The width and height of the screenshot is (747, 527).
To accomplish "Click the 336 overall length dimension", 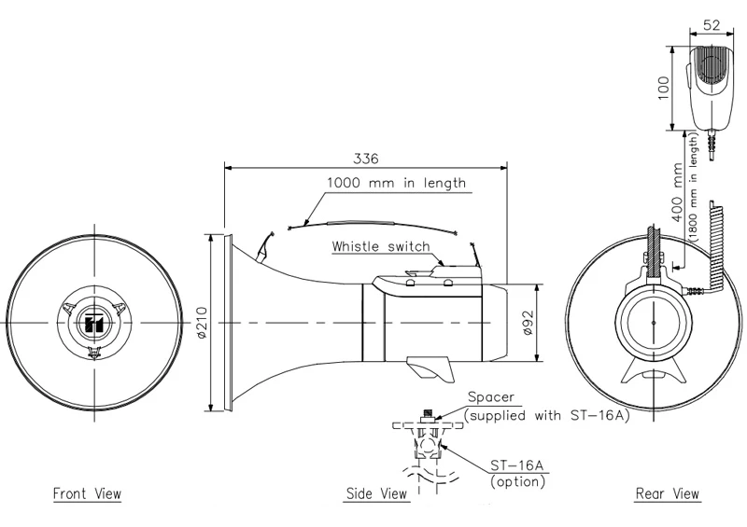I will pyautogui.click(x=365, y=158).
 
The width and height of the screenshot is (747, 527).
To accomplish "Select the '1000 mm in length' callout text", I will pyautogui.click(x=396, y=183).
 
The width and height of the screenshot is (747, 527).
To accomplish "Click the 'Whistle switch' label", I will pyautogui.click(x=380, y=246).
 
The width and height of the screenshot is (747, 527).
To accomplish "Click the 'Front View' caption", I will pyautogui.click(x=87, y=493).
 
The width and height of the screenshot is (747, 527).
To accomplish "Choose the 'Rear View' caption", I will pyautogui.click(x=667, y=493).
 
